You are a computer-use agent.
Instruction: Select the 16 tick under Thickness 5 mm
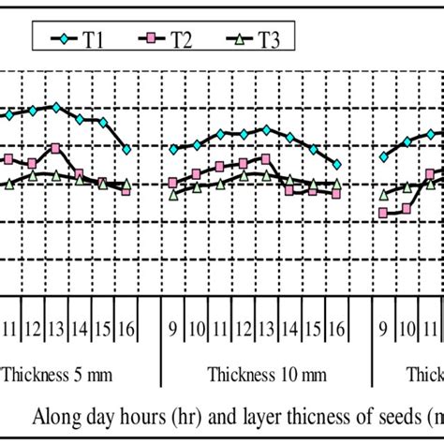126,329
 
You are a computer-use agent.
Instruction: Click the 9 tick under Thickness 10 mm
173,329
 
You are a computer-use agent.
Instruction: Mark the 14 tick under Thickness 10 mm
290,329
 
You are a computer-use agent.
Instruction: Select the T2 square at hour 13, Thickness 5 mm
56,147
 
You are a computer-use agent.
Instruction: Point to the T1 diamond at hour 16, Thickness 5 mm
126,149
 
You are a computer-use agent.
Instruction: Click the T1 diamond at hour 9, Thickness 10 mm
173,149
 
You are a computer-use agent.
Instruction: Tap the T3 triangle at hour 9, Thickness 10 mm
173,195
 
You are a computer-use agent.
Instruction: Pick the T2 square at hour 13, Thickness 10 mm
267,159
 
